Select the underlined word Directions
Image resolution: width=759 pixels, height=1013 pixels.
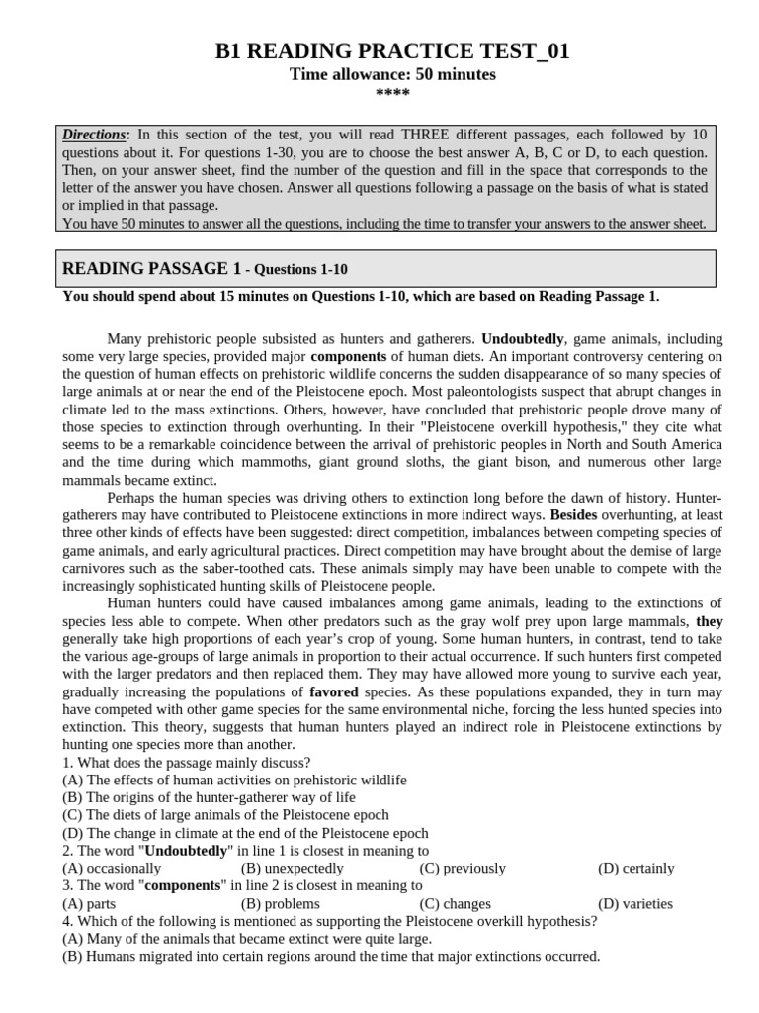click(x=96, y=135)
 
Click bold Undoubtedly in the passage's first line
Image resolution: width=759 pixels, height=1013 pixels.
click(x=523, y=338)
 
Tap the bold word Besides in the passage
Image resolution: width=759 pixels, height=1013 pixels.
click(x=573, y=515)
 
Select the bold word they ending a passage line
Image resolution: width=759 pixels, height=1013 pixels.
click(x=709, y=621)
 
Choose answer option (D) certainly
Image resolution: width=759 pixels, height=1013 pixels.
click(x=636, y=868)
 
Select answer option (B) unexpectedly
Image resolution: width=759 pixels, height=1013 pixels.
click(x=293, y=868)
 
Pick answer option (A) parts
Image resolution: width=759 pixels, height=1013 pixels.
click(x=89, y=903)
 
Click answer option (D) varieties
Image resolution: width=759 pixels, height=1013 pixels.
click(x=635, y=903)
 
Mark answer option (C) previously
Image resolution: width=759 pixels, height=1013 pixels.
click(x=462, y=868)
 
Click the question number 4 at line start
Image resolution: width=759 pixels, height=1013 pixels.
click(x=66, y=921)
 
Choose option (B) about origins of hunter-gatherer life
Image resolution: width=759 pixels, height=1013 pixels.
click(x=209, y=797)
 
